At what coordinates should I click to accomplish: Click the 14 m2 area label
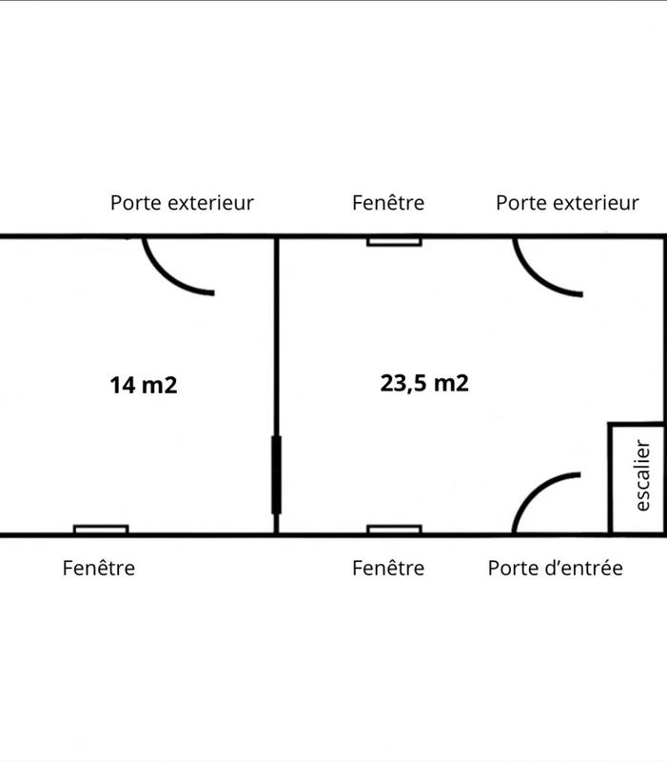click(144, 386)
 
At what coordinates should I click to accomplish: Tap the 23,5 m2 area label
click(424, 383)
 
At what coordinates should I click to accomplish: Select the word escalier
click(642, 475)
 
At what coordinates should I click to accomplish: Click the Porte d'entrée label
click(555, 569)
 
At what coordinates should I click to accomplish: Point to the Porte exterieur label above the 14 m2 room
click(182, 203)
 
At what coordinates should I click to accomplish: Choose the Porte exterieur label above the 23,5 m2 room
click(567, 203)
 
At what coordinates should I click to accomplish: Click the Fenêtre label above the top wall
click(387, 203)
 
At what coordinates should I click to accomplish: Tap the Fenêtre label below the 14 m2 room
click(99, 569)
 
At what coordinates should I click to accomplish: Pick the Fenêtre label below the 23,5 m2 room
click(387, 569)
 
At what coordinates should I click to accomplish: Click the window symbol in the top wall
click(394, 241)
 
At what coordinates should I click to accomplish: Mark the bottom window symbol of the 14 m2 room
click(101, 530)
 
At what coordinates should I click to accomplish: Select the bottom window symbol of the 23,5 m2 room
click(394, 530)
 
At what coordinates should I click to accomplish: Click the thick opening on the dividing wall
click(276, 474)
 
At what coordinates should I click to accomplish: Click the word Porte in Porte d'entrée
click(510, 569)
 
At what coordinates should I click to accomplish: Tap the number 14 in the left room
click(121, 386)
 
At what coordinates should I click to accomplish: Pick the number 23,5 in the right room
click(403, 383)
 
